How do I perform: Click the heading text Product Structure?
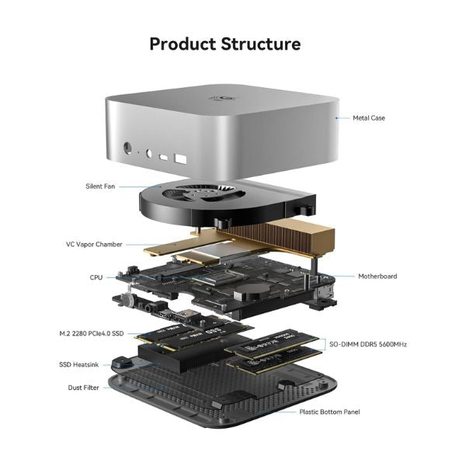(224, 43)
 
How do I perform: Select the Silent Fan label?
(100, 186)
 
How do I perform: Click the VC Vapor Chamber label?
(94, 244)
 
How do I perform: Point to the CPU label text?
(96, 276)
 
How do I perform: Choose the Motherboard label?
(377, 276)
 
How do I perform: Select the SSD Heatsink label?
(79, 364)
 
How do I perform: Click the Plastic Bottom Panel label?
(329, 412)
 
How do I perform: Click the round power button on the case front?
(127, 145)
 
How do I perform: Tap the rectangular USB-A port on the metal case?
(181, 159)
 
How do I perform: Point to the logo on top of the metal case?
(218, 99)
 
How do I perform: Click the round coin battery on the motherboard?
(251, 290)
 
